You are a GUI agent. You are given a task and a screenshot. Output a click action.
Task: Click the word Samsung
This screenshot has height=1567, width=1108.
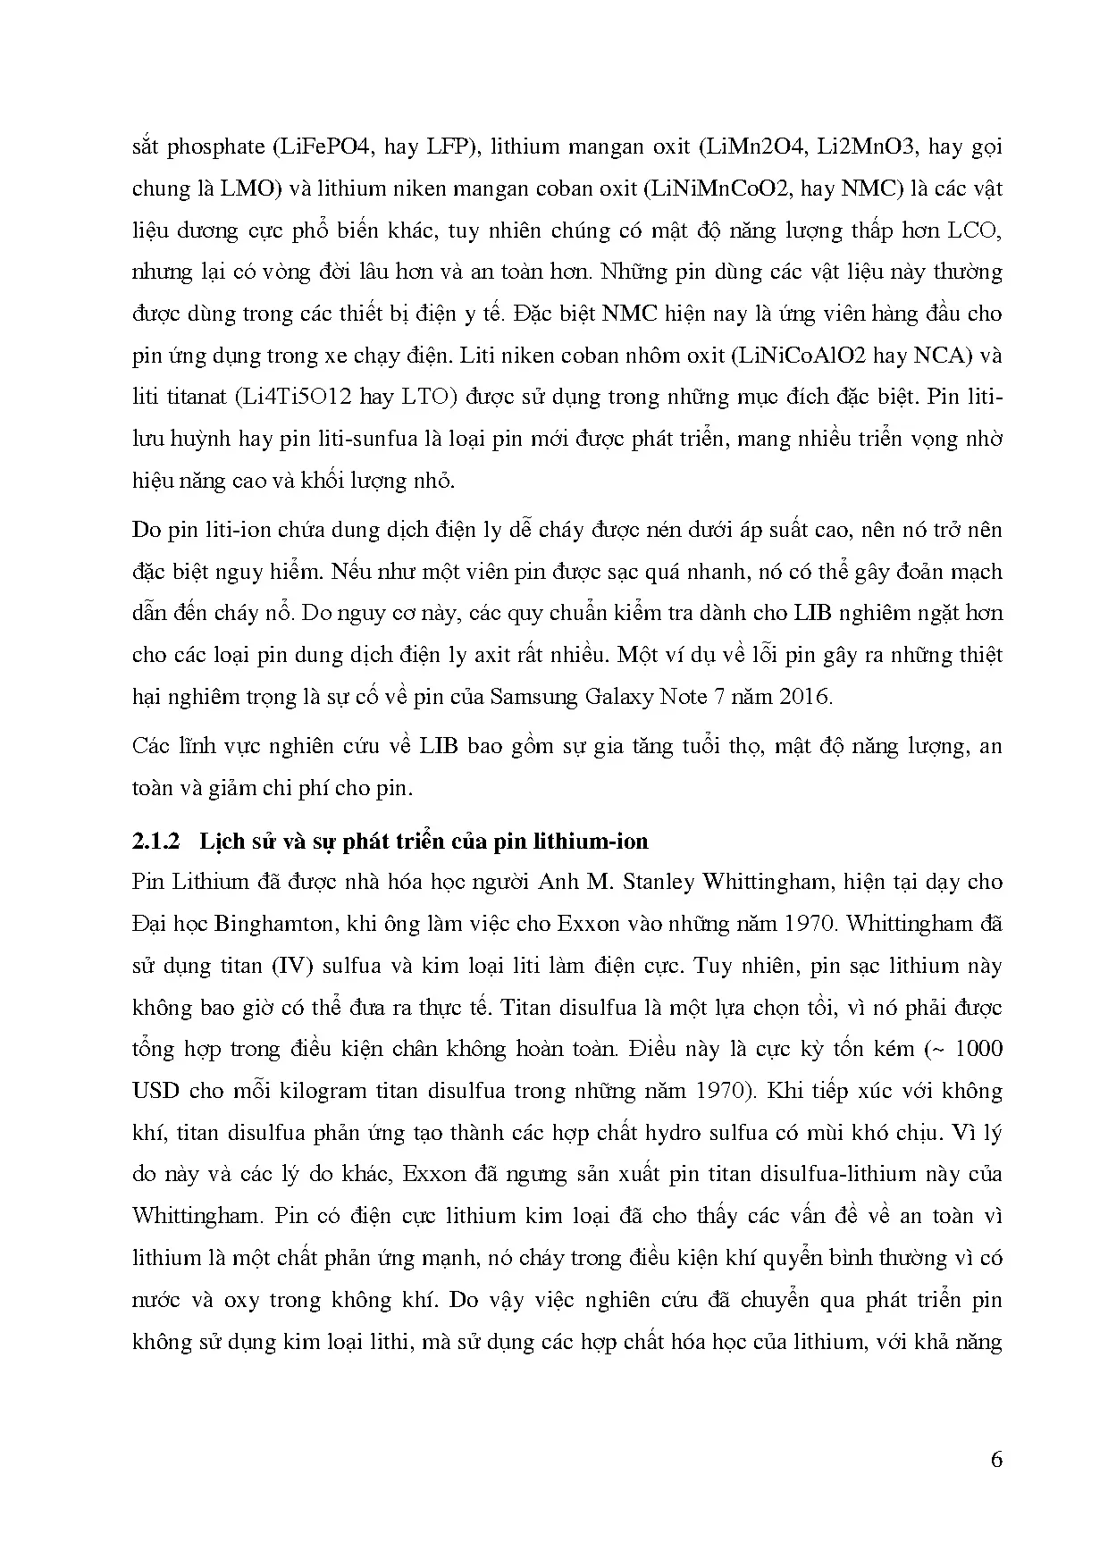coord(534,697)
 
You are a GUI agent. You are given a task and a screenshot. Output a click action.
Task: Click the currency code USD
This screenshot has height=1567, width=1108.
coord(155,1091)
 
